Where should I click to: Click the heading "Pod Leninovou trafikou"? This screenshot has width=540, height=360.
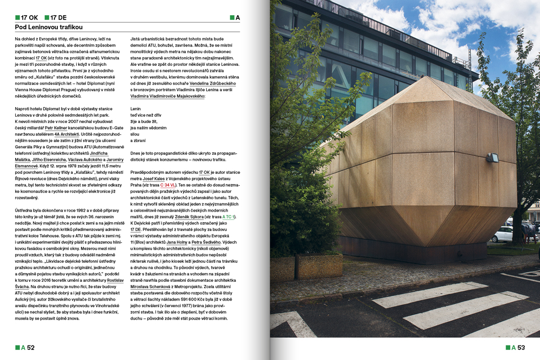(x=49, y=26)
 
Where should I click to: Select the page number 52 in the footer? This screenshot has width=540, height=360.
(x=30, y=348)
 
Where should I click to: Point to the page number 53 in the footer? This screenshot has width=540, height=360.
(x=521, y=348)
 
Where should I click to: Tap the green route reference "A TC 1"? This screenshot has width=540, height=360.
(x=229, y=217)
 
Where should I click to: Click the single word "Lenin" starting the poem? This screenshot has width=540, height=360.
(x=136, y=108)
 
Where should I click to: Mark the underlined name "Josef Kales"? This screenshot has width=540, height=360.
(x=154, y=178)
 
